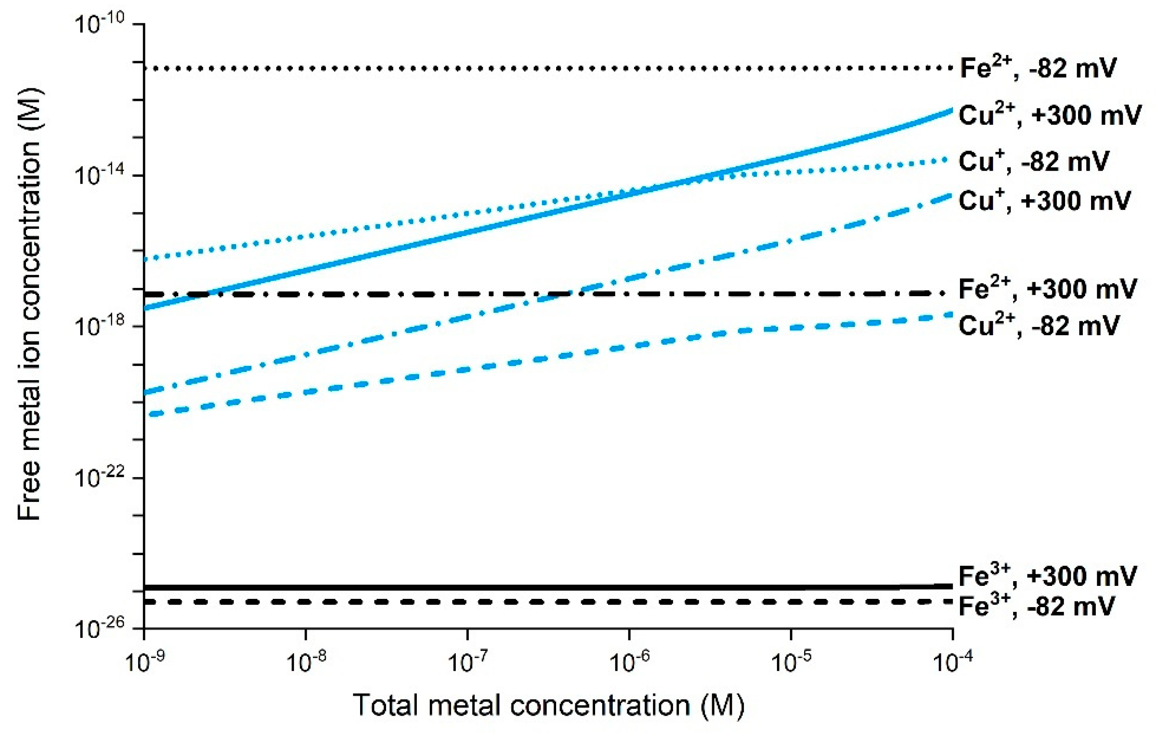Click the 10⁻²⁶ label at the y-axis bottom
pyautogui.click(x=100, y=627)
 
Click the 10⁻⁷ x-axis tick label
pyautogui.click(x=467, y=663)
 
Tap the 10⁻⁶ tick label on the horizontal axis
pyautogui.click(x=629, y=663)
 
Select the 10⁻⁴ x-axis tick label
pyautogui.click(x=953, y=663)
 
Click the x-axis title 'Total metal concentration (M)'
pyautogui.click(x=549, y=705)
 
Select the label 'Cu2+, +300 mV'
pyautogui.click(x=1050, y=115)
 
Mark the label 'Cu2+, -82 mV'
pyautogui.click(x=1038, y=326)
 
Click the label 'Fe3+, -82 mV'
pyautogui.click(x=1037, y=606)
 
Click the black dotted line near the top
pyautogui.click(x=528, y=68)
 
